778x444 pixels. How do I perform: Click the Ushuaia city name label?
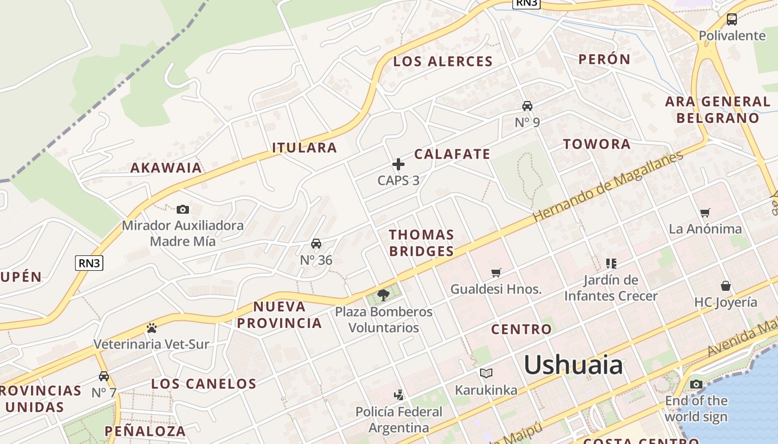click(x=573, y=365)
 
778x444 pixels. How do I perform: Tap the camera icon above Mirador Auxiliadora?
click(x=183, y=209)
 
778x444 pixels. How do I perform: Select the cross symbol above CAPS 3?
click(x=398, y=164)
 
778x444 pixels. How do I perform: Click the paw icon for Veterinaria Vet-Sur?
click(x=152, y=328)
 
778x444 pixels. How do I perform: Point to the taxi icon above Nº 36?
click(x=316, y=244)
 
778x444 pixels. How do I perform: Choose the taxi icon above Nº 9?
click(x=527, y=106)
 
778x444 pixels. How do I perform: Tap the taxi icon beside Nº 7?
click(x=104, y=376)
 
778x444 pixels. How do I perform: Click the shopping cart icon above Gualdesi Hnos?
click(x=496, y=273)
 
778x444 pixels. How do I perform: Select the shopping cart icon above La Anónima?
click(x=705, y=213)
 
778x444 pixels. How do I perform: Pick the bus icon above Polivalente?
click(x=732, y=19)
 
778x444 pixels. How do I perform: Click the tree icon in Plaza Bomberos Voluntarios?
click(x=383, y=295)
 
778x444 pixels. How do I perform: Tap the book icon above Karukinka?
click(x=486, y=374)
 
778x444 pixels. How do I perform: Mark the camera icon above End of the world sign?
click(x=696, y=384)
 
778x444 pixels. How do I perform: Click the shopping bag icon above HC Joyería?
click(x=726, y=286)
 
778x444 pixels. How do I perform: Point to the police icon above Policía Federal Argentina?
click(x=398, y=395)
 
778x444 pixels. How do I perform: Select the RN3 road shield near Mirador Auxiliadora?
click(x=89, y=263)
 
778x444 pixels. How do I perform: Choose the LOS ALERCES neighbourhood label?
click(x=443, y=62)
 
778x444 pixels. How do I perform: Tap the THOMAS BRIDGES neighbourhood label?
click(x=421, y=243)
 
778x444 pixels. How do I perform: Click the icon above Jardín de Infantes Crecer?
click(x=611, y=264)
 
